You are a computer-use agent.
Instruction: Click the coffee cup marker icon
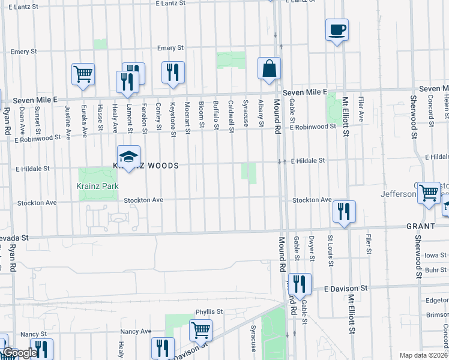pos(337,29)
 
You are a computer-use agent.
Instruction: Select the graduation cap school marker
pos(128,157)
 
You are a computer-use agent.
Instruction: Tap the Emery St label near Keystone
pos(170,48)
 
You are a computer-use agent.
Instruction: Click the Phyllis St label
pos(209,312)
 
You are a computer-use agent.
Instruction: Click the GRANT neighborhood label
pos(421,226)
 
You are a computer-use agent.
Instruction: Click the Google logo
pos(19,353)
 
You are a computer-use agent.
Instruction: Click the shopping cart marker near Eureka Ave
pos(83,74)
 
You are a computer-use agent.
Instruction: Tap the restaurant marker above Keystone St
pos(173,73)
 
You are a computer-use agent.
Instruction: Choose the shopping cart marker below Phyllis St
pos(200,329)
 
